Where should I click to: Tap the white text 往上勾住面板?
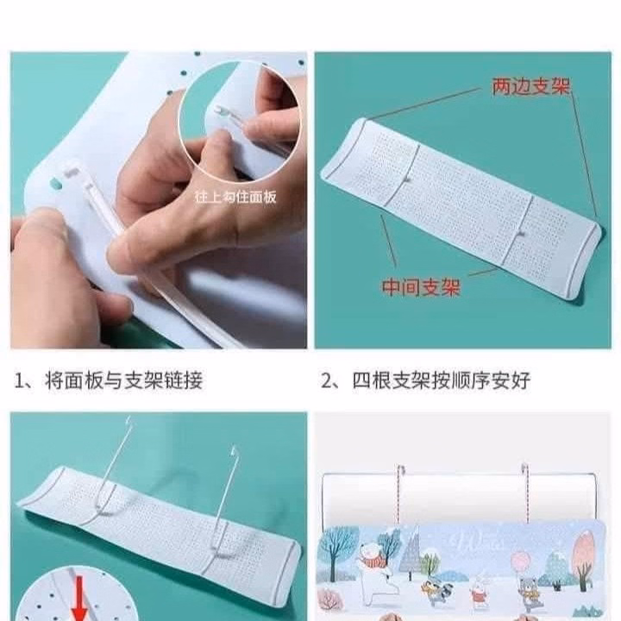235,197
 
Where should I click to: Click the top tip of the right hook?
233,448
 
